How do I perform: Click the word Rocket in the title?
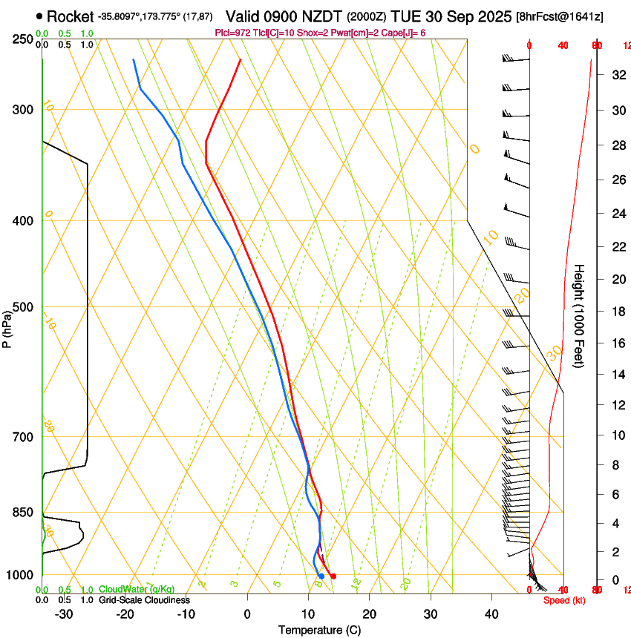[71, 16]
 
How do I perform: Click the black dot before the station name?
[39, 16]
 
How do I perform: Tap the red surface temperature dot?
[333, 576]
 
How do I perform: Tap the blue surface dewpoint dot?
[321, 576]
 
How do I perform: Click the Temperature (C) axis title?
[319, 631]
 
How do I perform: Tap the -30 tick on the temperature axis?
[64, 614]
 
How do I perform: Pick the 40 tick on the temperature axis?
[491, 614]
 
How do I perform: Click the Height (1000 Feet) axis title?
[579, 315]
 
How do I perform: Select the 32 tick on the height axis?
[617, 75]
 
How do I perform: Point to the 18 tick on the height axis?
[617, 312]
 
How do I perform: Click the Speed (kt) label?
[564, 600]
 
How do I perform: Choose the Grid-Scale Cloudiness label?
[144, 600]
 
